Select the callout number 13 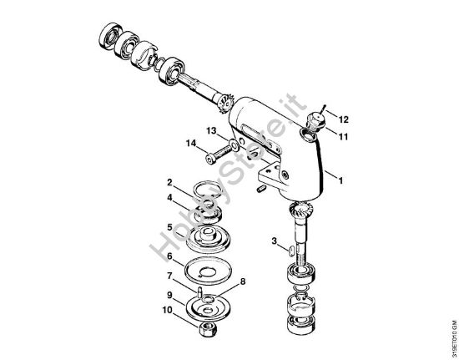click(x=212, y=130)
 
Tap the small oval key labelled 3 click(x=288, y=249)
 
